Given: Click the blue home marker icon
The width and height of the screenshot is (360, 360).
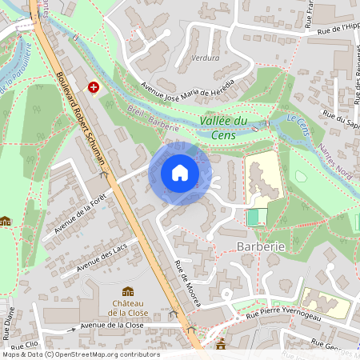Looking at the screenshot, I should (x=180, y=173).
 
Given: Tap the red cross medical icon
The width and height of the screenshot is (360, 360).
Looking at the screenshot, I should (x=94, y=86).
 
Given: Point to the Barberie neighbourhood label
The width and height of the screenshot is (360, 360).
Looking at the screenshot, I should (x=262, y=247).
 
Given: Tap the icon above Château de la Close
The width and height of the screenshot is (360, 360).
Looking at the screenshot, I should (x=128, y=291).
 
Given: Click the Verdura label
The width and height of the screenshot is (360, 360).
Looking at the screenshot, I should (x=206, y=58).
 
